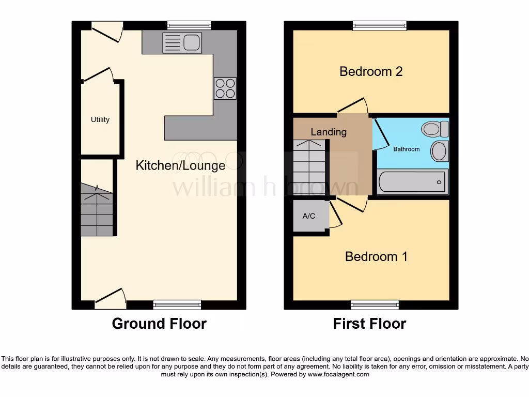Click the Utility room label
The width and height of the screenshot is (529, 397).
100,119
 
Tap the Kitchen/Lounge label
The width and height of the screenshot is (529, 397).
180,165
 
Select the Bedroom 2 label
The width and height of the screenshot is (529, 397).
371,71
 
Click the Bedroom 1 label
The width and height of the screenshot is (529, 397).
376,256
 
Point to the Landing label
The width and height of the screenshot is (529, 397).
329,132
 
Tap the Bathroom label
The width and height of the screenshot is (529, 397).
407,149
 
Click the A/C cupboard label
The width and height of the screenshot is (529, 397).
309,216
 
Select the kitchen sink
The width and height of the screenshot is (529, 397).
181,42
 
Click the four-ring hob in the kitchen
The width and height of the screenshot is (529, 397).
225,88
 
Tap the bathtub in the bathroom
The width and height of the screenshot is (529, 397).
412,182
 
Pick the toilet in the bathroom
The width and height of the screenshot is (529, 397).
434,129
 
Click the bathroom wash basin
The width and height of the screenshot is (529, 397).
440,151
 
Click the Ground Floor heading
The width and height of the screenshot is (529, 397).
159,324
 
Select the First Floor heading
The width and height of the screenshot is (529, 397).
369,324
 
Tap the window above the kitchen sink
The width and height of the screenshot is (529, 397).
189,25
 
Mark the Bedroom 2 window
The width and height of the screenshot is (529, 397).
380,25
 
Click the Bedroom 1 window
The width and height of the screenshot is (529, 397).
375,305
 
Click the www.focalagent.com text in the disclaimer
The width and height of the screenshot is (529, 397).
339,374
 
